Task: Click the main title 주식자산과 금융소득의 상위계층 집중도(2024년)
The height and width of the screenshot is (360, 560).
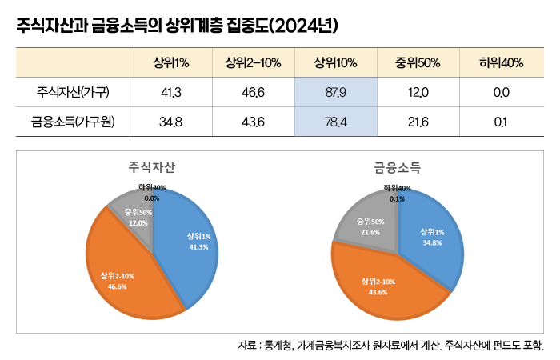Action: tap(177, 26)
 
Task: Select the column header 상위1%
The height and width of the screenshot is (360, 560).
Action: tap(171, 63)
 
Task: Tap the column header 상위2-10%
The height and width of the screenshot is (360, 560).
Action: tap(253, 63)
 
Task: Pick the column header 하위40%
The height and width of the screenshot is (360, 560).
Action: tap(501, 63)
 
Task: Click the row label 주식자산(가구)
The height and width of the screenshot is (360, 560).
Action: tap(73, 93)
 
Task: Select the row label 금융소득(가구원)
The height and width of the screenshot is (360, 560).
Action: tap(73, 122)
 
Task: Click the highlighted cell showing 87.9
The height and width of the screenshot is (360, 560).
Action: tap(335, 93)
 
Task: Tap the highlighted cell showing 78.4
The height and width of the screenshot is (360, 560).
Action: tap(335, 122)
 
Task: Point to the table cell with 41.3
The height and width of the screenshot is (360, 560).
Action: tap(171, 93)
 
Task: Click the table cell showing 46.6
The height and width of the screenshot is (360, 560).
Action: tap(253, 93)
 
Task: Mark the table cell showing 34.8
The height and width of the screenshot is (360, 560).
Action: tap(171, 122)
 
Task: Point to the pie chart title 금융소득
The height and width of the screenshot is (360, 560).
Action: tap(398, 168)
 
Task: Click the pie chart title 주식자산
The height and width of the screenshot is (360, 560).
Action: tap(152, 168)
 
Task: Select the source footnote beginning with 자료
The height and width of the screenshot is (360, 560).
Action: tap(390, 346)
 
